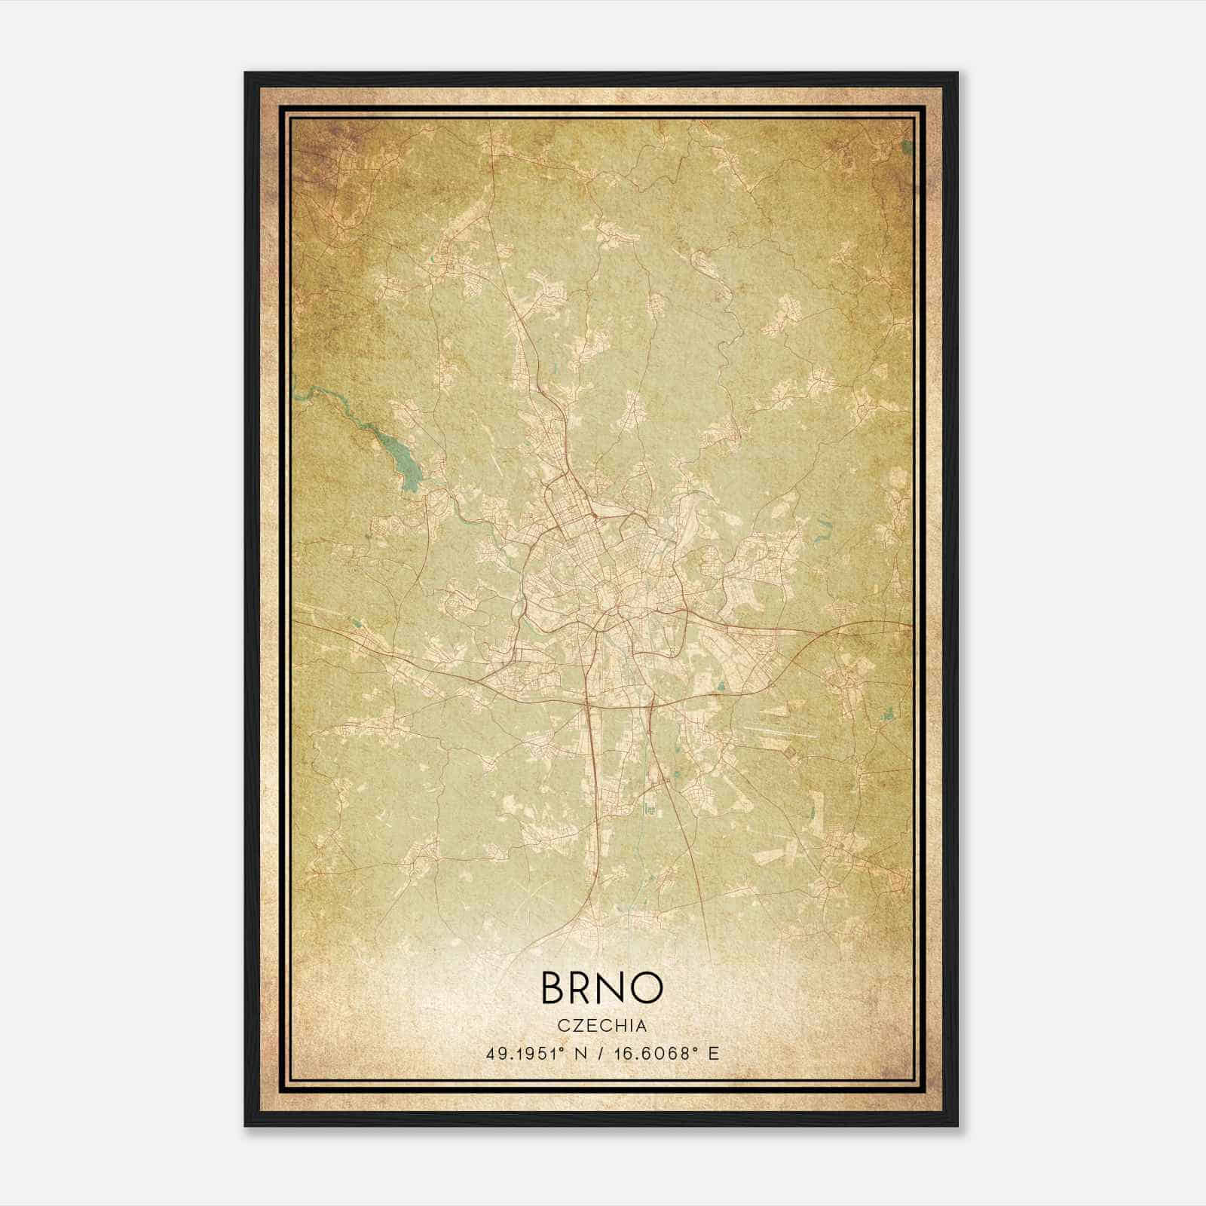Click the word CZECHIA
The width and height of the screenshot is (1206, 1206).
[602, 1025]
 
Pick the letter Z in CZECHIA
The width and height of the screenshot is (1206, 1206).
[577, 1025]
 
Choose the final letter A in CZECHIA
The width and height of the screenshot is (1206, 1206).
[641, 1025]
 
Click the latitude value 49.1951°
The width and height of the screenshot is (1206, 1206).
[523, 1053]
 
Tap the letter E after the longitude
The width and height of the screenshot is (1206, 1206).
[714, 1053]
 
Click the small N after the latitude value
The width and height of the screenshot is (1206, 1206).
[578, 1053]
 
